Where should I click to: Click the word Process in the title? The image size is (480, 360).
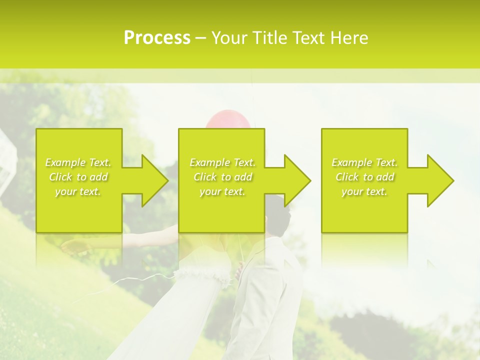point(157,37)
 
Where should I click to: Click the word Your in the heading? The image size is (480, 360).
point(230,37)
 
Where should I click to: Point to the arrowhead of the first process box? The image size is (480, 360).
point(155,180)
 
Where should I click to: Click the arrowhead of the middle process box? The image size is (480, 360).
point(298,180)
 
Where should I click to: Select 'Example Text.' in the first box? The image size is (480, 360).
point(78,162)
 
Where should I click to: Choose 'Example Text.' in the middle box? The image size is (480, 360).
point(222,162)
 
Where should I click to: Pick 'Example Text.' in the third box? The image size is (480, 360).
point(364,162)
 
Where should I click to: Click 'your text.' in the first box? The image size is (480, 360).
point(78,191)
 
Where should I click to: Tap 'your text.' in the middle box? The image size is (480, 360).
point(222,191)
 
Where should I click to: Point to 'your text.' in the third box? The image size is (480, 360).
point(364,191)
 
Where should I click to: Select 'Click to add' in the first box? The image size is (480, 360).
point(78,177)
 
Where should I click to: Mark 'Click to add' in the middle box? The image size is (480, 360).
point(222,177)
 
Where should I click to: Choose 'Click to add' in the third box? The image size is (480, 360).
point(364,177)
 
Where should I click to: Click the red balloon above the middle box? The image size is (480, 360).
point(228,120)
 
